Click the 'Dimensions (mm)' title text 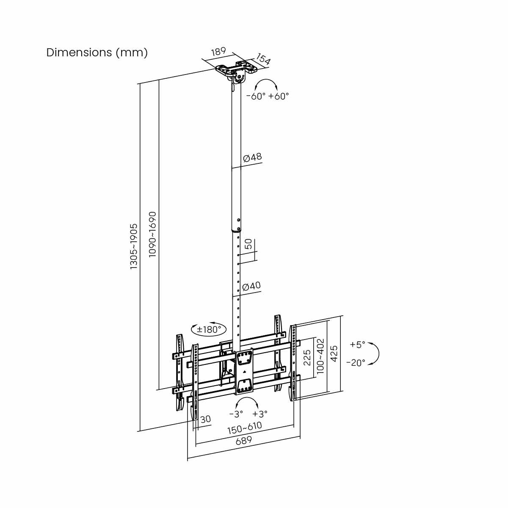pos(97,52)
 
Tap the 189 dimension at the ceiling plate pos(218,52)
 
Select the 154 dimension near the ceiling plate pos(263,60)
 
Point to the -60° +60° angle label pos(268,96)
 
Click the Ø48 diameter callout pos(252,157)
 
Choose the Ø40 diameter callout pos(251,286)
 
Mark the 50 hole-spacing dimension pos(249,244)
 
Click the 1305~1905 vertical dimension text pos(134,246)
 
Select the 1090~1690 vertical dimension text pos(152,234)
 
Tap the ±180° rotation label pos(209,329)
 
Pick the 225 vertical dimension pos(307,357)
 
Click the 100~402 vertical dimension pos(320,356)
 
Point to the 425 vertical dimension pos(334,353)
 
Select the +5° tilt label pos(357,345)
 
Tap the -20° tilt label pos(356,363)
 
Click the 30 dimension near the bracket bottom pos(206,419)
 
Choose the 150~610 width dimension pos(245,428)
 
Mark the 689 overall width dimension pos(244,440)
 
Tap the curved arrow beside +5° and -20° pos(375,353)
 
